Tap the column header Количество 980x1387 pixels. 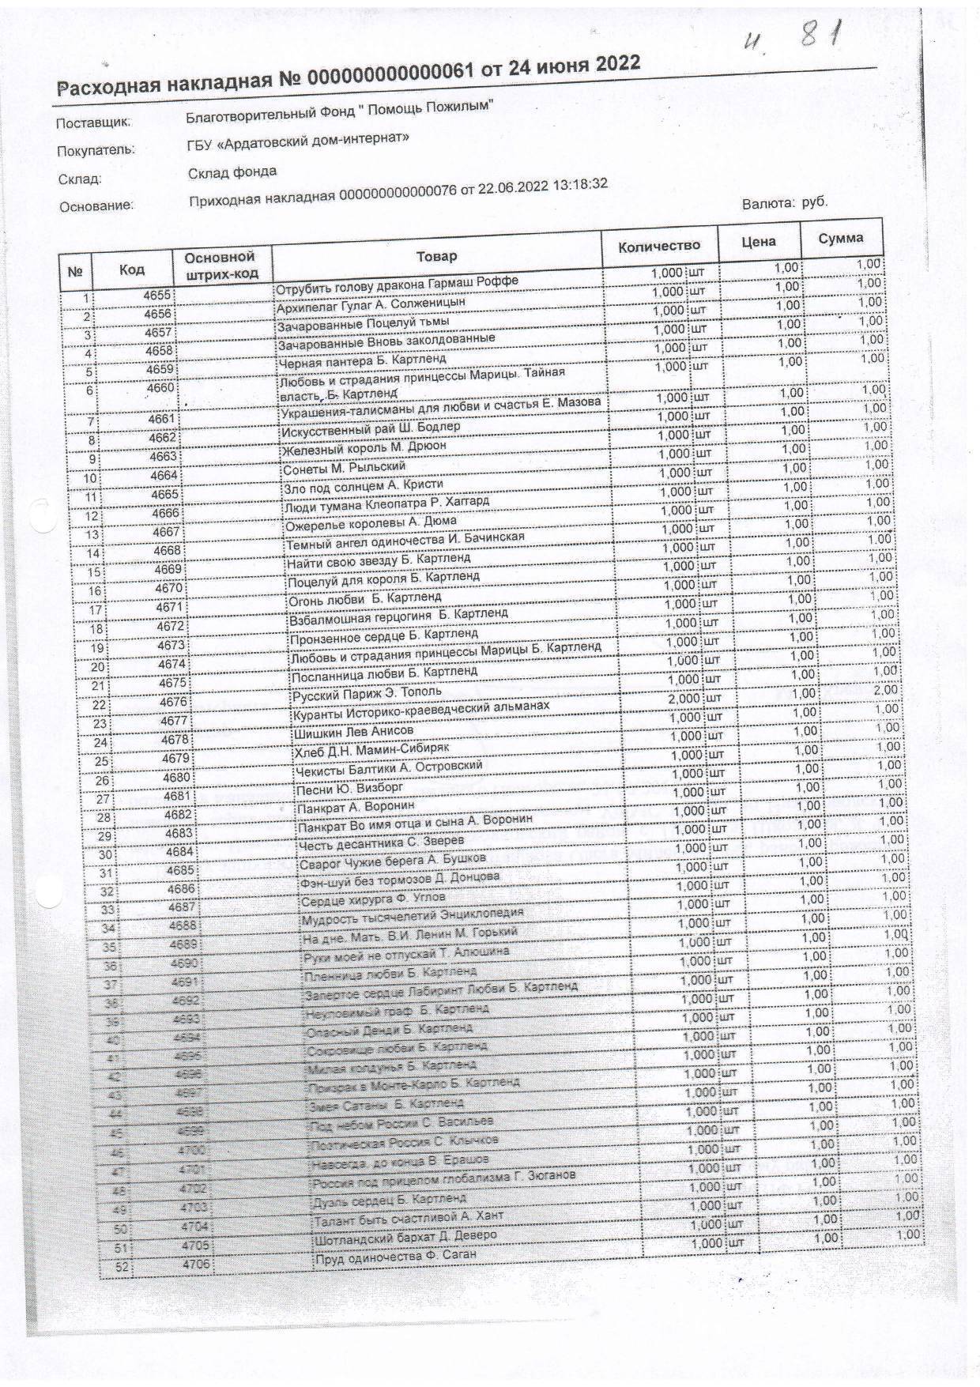[659, 245]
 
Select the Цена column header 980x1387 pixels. [757, 241]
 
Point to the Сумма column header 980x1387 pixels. [840, 238]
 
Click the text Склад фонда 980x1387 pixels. [232, 172]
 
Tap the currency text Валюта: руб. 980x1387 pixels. [784, 203]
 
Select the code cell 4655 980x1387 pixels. [156, 295]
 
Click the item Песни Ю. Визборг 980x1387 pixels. [349, 788]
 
